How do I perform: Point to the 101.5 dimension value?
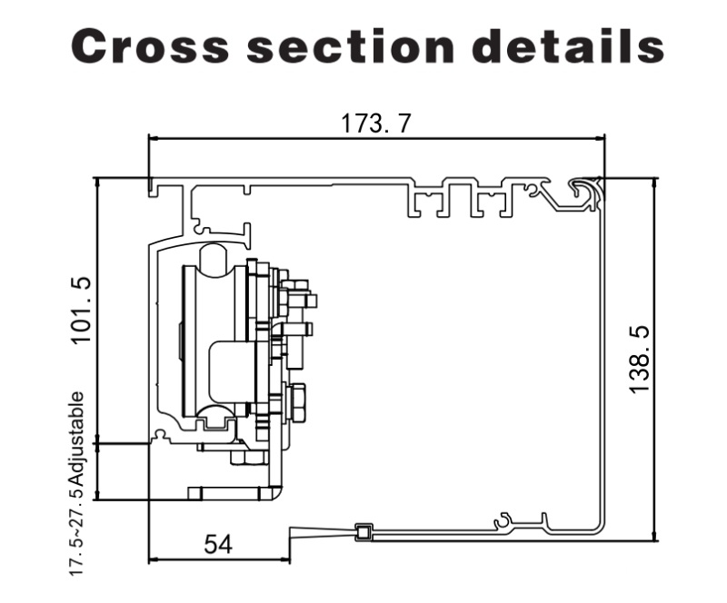coord(83,311)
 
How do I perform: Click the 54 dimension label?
coord(218,544)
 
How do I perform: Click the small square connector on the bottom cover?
coord(363,533)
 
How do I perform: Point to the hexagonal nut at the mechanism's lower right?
coord(296,400)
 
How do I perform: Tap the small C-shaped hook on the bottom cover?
coord(503,520)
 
